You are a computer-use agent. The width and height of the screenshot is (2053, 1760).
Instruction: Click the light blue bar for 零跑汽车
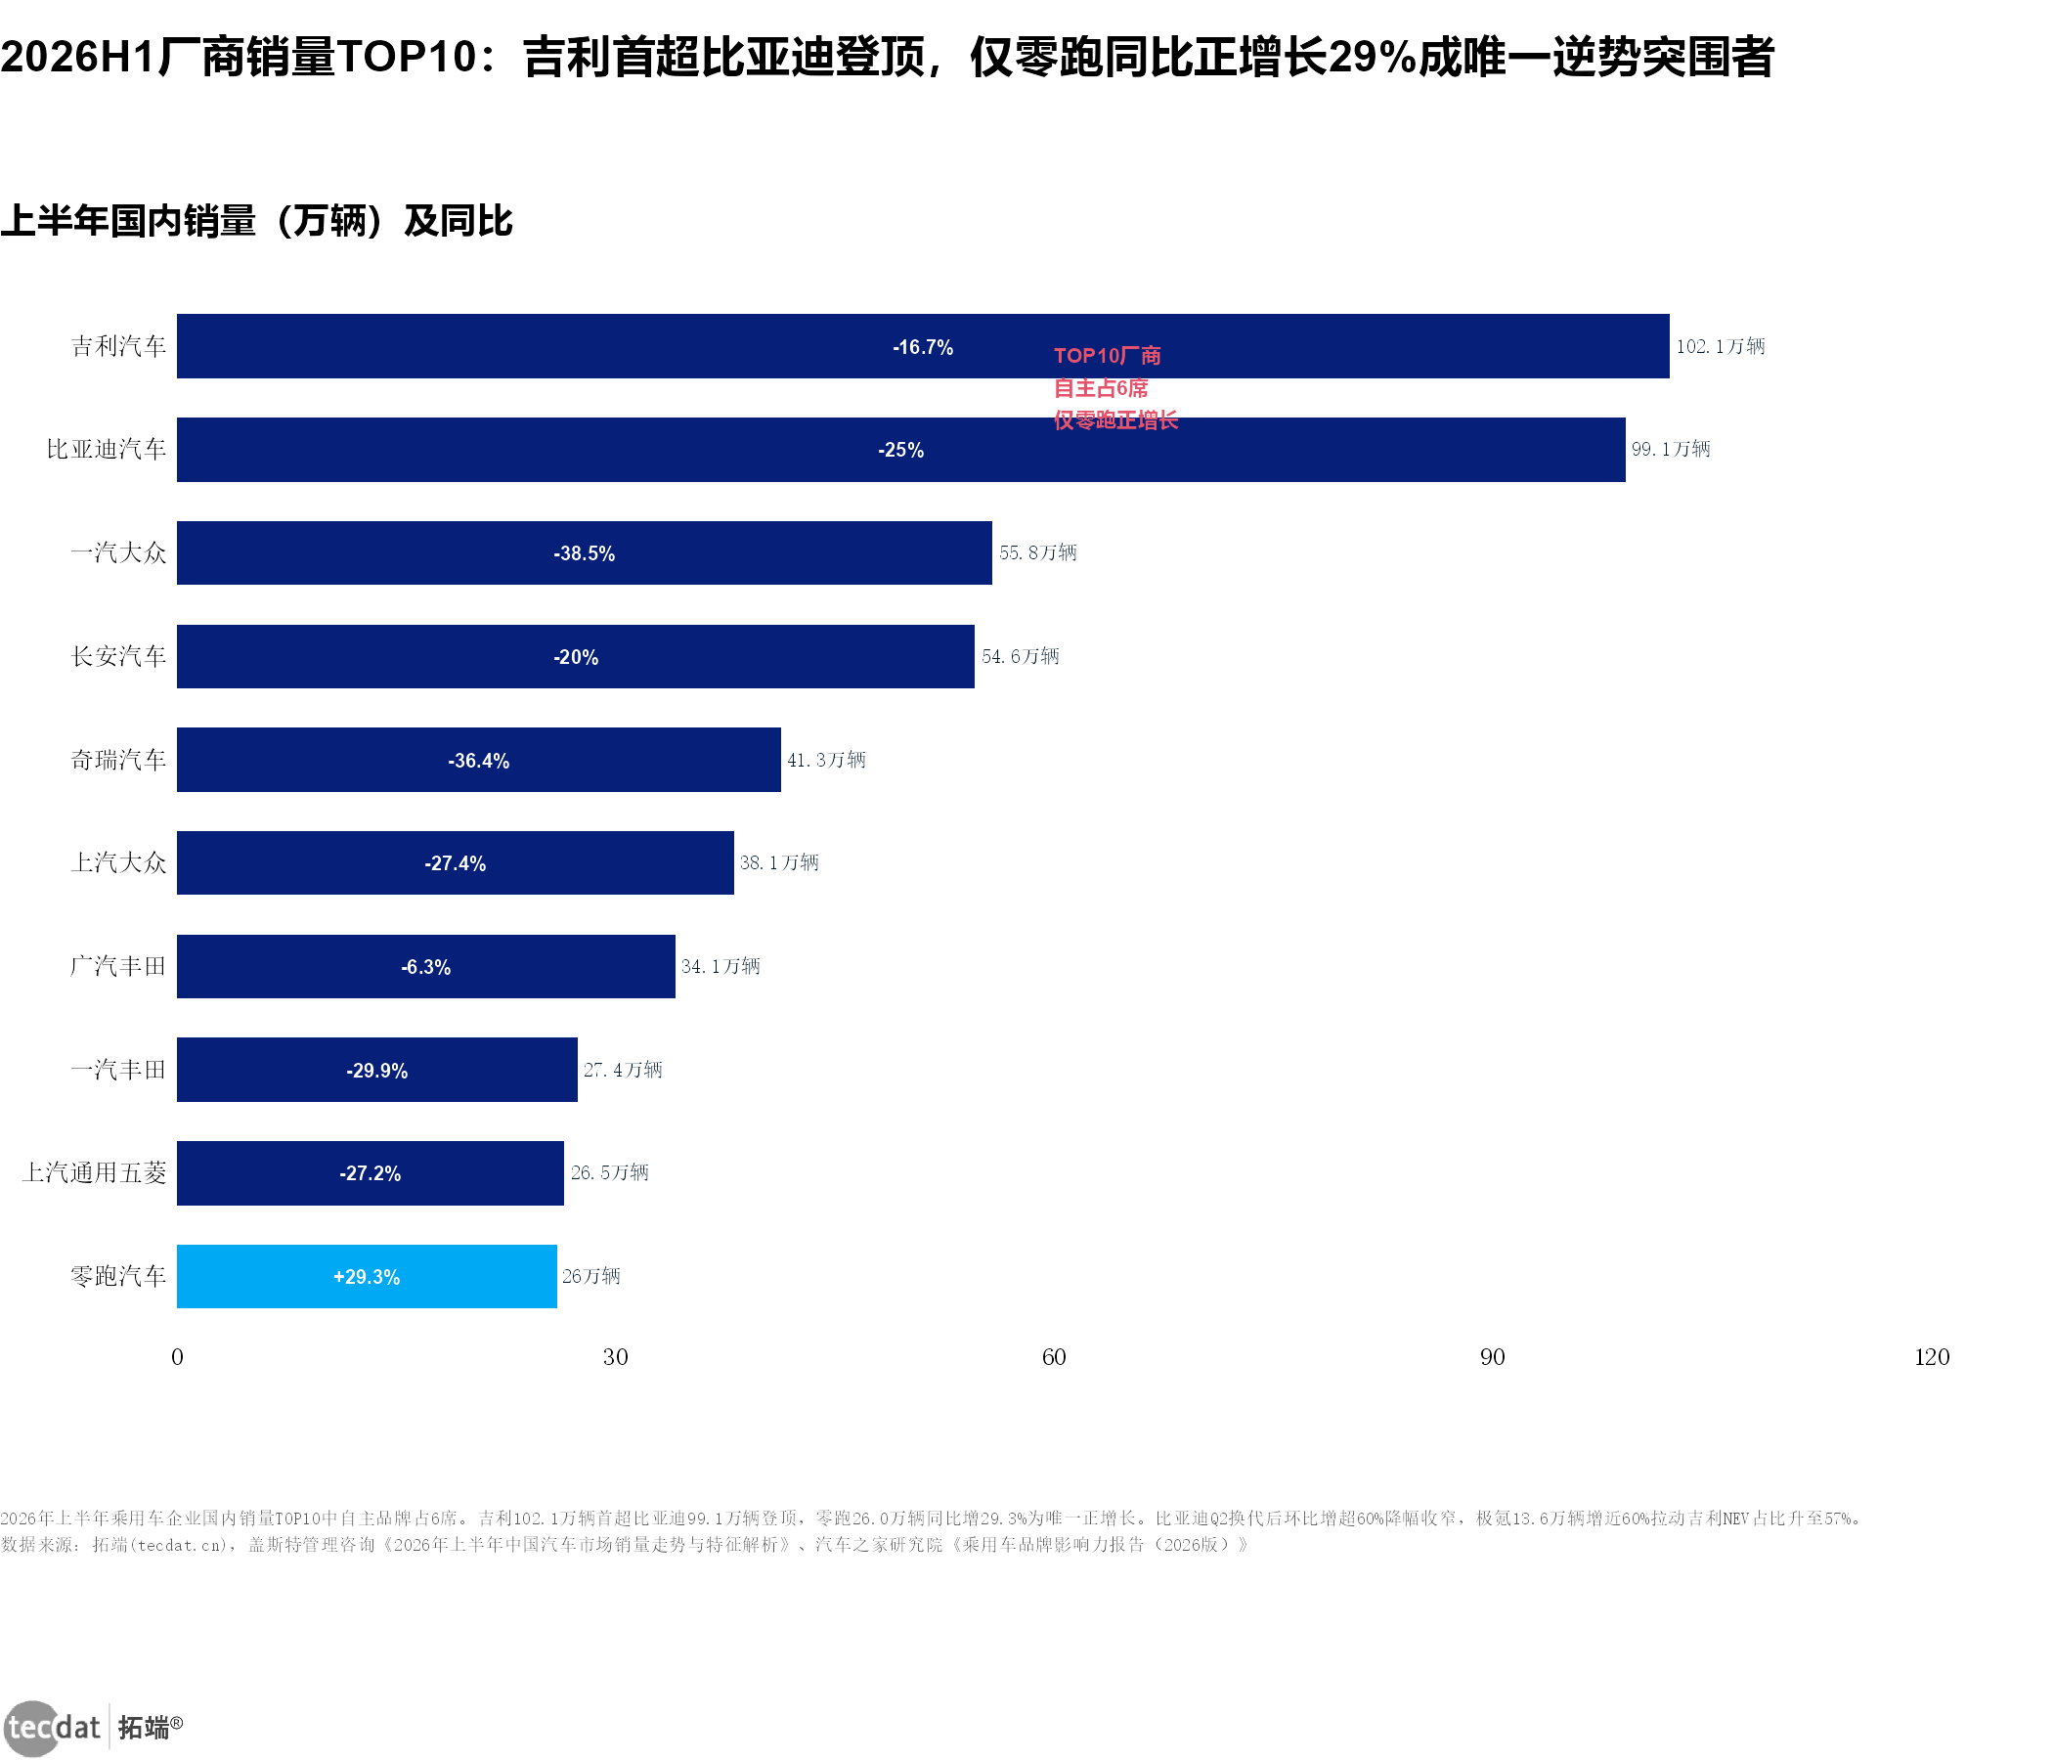point(367,1276)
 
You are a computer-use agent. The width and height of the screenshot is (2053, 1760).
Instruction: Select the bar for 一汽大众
point(585,553)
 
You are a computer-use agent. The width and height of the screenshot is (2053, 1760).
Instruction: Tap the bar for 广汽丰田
point(426,966)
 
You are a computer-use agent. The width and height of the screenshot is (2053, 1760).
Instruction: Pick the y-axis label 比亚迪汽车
point(106,449)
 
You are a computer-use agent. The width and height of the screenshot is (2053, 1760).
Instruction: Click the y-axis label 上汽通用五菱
point(94,1173)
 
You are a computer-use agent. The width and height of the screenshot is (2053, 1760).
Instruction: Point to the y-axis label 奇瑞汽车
point(118,760)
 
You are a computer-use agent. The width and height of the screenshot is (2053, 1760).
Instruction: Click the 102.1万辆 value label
point(1720,346)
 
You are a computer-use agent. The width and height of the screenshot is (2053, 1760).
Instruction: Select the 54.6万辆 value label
point(1021,656)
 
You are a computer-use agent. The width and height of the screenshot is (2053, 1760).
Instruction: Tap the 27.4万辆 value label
point(622,1071)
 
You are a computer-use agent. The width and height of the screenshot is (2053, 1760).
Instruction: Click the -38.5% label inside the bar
point(585,554)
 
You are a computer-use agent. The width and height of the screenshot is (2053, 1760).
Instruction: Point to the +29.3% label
point(367,1277)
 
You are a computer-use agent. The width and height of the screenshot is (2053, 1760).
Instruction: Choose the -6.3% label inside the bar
point(426,967)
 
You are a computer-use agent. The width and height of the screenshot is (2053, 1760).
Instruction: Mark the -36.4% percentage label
point(479,761)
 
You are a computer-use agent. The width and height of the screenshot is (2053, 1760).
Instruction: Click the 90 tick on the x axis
point(1492,1358)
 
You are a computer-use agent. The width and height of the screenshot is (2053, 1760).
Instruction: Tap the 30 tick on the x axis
point(615,1358)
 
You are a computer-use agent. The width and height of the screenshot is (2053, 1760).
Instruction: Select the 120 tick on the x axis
point(1931,1358)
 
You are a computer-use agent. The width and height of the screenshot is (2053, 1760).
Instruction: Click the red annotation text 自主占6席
point(1101,388)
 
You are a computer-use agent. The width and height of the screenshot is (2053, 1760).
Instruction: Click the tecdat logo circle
point(32,1729)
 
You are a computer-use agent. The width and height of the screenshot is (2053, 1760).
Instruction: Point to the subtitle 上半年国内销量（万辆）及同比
point(256,221)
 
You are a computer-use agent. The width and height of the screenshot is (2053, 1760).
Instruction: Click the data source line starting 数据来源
point(625,1545)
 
